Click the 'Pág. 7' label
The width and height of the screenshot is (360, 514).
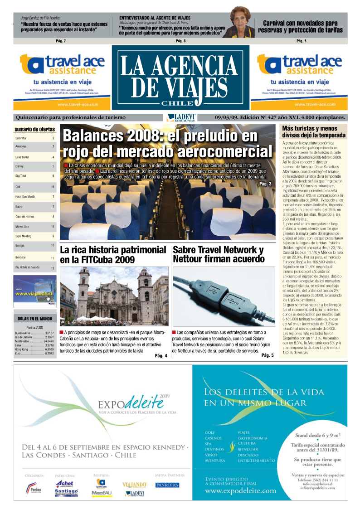point(61,41)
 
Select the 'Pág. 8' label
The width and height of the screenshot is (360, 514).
point(180,41)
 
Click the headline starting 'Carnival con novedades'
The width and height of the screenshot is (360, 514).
point(300,27)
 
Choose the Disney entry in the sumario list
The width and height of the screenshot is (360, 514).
point(19,166)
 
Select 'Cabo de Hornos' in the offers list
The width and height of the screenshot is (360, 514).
point(24,216)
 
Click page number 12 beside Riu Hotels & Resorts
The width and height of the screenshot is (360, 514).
point(52,268)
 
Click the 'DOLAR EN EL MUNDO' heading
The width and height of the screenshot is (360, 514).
point(35,319)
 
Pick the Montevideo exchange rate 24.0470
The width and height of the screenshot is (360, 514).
point(49,341)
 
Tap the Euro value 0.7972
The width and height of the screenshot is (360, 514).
point(49,354)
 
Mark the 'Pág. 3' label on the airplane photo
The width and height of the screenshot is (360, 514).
point(265,184)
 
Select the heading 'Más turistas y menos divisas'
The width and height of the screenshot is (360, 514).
point(313,131)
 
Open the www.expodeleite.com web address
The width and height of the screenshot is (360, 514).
point(240,491)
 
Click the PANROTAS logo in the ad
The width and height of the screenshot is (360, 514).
point(167,485)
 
